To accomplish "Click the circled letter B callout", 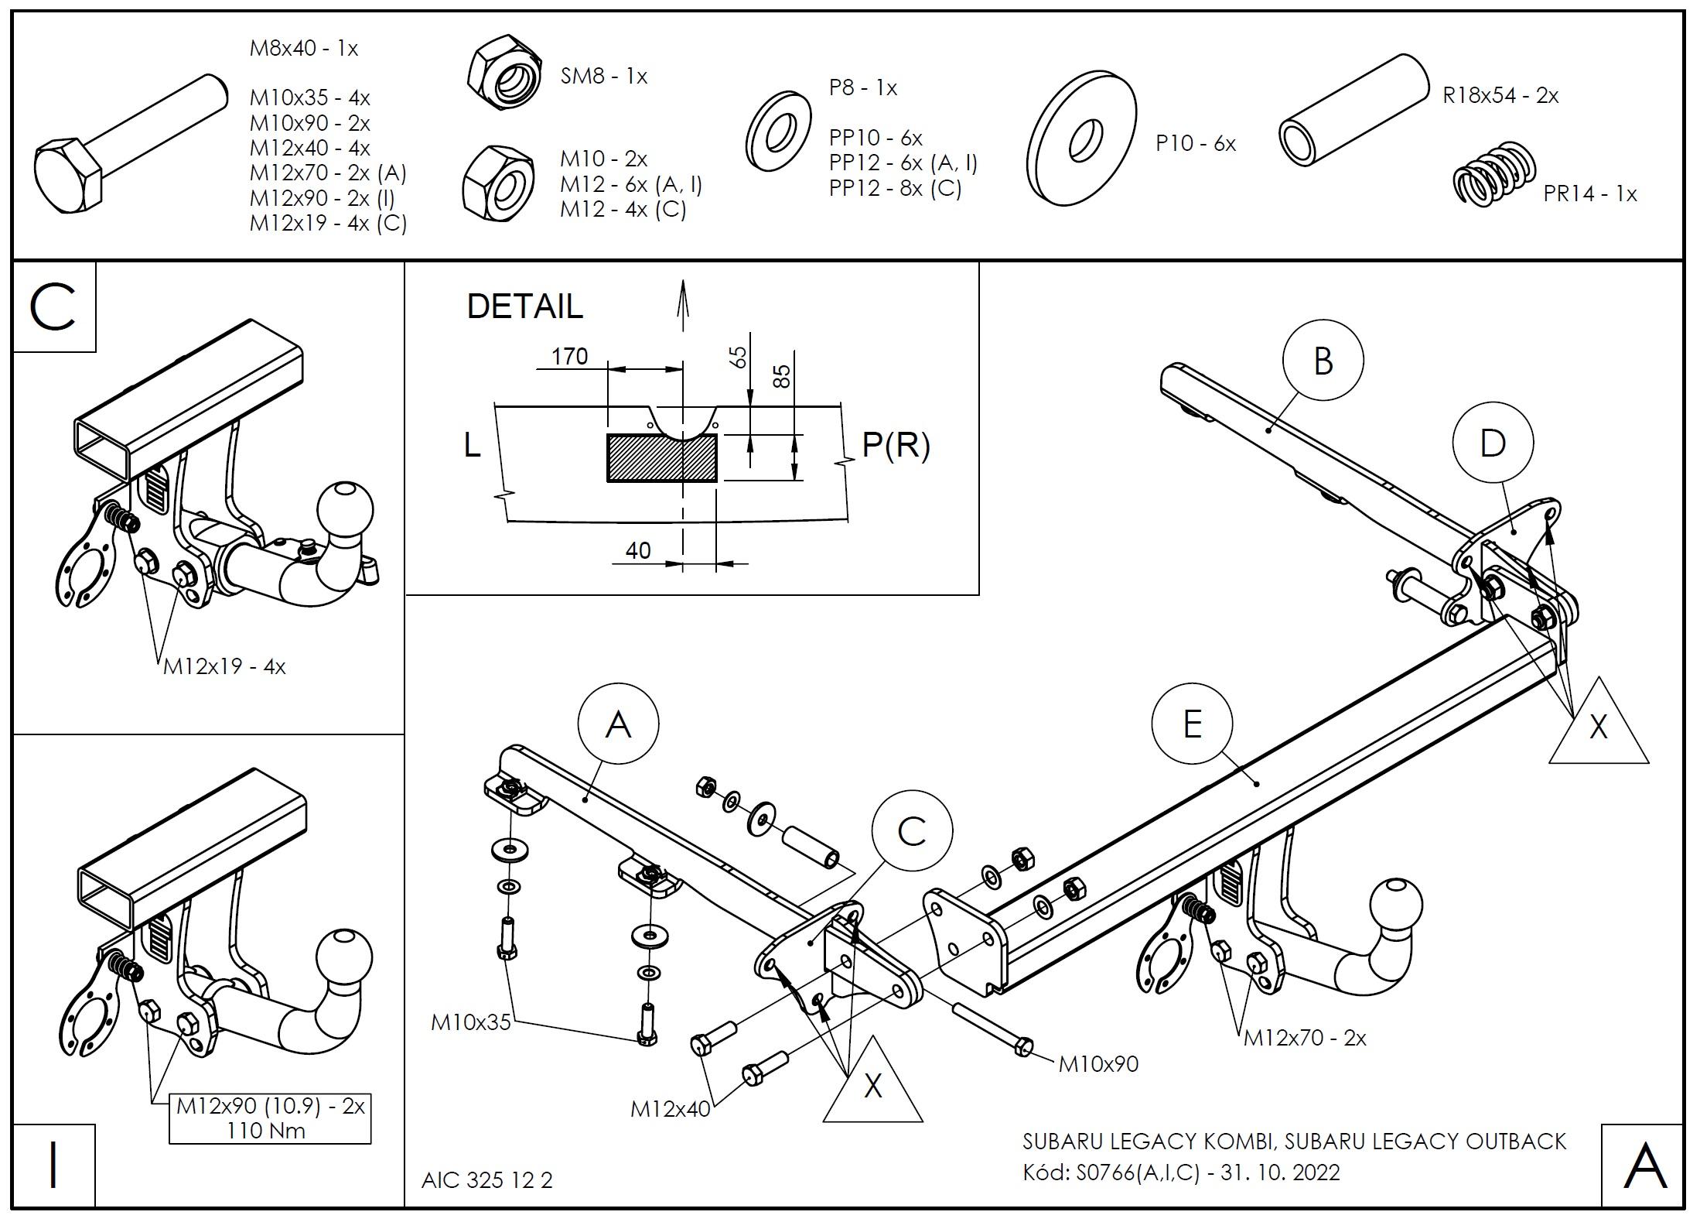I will coord(1323,361).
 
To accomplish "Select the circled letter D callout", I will coord(1492,443).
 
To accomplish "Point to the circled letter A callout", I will coord(618,724).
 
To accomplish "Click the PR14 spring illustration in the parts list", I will coord(1493,174).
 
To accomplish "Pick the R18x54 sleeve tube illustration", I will coord(1353,110).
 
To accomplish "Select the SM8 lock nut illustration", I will coord(504,74).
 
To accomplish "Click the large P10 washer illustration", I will coord(1082,139).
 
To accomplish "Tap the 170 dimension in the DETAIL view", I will coord(569,356).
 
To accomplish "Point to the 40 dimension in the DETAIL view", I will coord(637,550).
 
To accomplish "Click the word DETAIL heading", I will coord(524,306).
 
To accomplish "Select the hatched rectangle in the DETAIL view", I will coord(661,458).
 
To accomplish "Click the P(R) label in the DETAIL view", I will coord(896,445).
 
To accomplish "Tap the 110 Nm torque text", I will coord(265,1131).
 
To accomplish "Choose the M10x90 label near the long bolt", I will coord(1098,1064).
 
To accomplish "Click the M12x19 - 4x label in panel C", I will coord(224,666).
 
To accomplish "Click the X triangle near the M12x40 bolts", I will coord(872,1085).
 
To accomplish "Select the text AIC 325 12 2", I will coord(487,1180).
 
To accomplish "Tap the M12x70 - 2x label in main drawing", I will coord(1305,1038).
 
